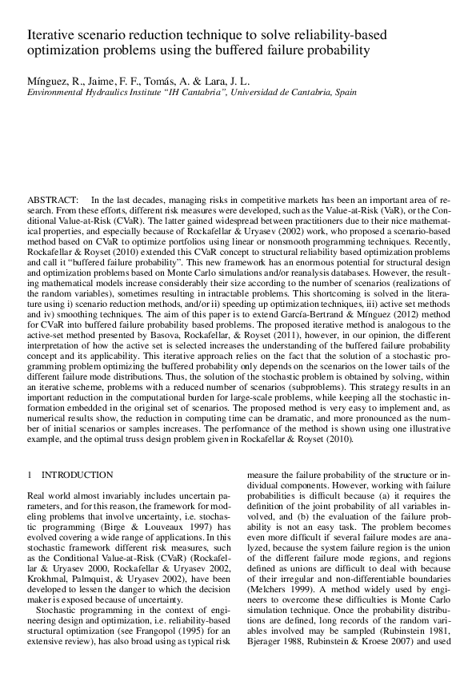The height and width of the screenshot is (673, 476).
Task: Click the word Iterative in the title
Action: [49, 36]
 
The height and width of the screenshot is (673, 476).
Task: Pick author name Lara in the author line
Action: [190, 82]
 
